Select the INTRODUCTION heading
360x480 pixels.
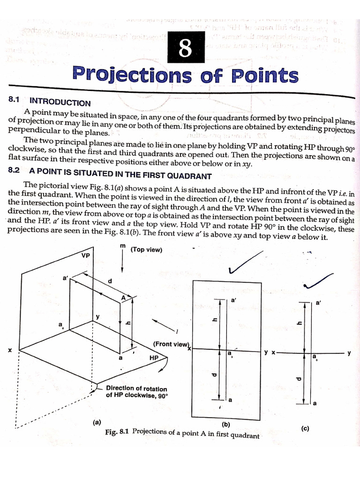[60, 102]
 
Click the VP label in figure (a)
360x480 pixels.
[85, 255]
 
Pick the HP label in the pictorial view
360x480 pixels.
[154, 357]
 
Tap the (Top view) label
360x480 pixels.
[147, 250]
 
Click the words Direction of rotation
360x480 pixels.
[136, 388]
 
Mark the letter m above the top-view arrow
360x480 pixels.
[123, 246]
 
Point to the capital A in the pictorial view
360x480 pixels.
[124, 297]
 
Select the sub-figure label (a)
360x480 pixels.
[97, 422]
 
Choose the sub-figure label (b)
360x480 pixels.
[226, 424]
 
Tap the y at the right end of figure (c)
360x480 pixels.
[349, 353]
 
